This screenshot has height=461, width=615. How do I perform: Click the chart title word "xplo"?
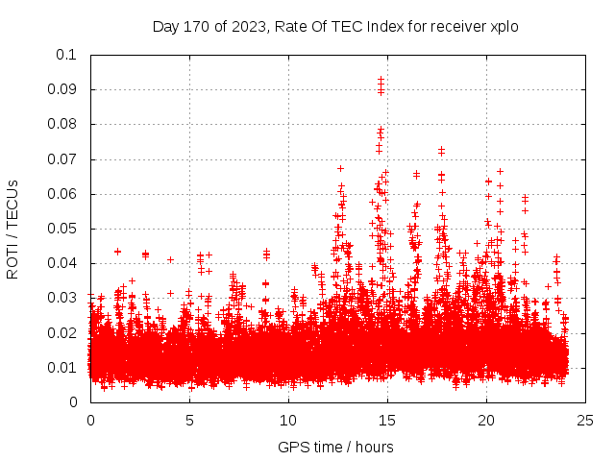504,26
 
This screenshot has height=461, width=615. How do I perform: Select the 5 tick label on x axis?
189,420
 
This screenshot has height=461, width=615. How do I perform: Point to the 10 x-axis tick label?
288,420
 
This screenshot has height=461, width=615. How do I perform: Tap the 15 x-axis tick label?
387,420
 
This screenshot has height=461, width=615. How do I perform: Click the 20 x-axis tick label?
486,420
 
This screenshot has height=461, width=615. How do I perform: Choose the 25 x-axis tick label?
585,420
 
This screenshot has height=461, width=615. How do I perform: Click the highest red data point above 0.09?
381,80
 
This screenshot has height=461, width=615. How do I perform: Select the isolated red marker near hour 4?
170,259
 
